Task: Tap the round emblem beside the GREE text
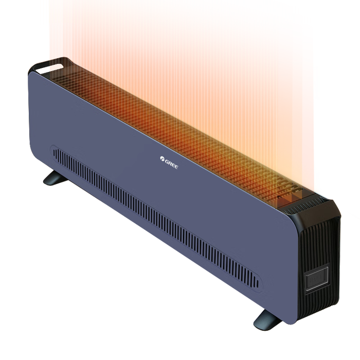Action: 162,158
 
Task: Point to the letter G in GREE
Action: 167,161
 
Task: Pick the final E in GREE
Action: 176,167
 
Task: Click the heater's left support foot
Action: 55,178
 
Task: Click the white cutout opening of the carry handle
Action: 50,68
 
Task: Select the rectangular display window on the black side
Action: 317,279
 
